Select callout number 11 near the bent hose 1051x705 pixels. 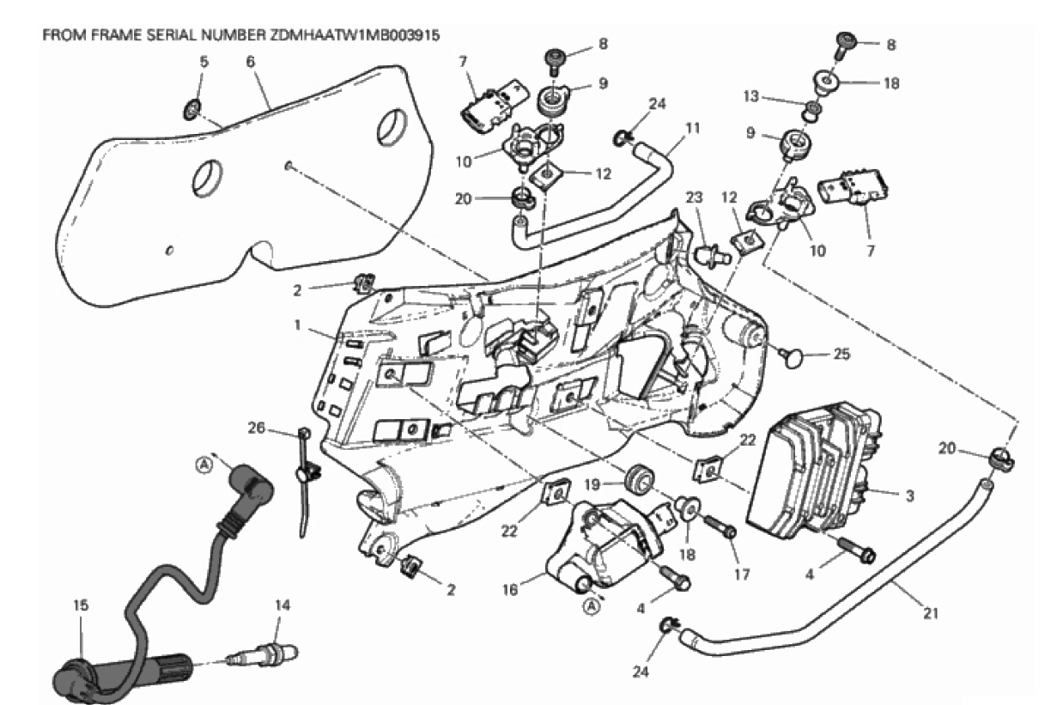[x=692, y=128]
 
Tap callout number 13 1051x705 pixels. [x=774, y=96]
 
